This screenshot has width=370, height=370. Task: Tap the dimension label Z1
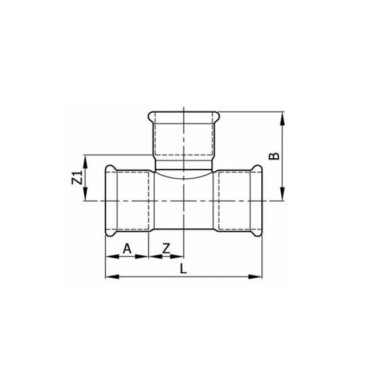point(76,178)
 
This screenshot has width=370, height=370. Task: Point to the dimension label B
point(275,155)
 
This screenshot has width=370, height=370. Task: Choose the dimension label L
point(183,269)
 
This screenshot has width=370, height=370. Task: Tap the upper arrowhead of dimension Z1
point(85,159)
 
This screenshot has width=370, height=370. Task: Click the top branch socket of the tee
point(184,137)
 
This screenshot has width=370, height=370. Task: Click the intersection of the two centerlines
point(184,200)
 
